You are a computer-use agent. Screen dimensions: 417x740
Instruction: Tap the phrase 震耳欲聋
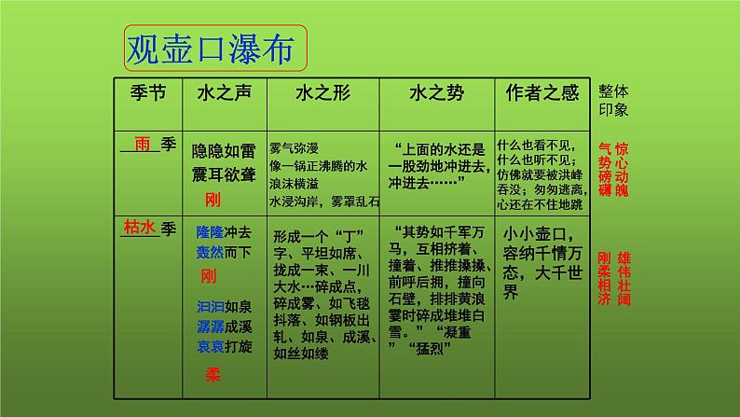(x=222, y=174)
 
